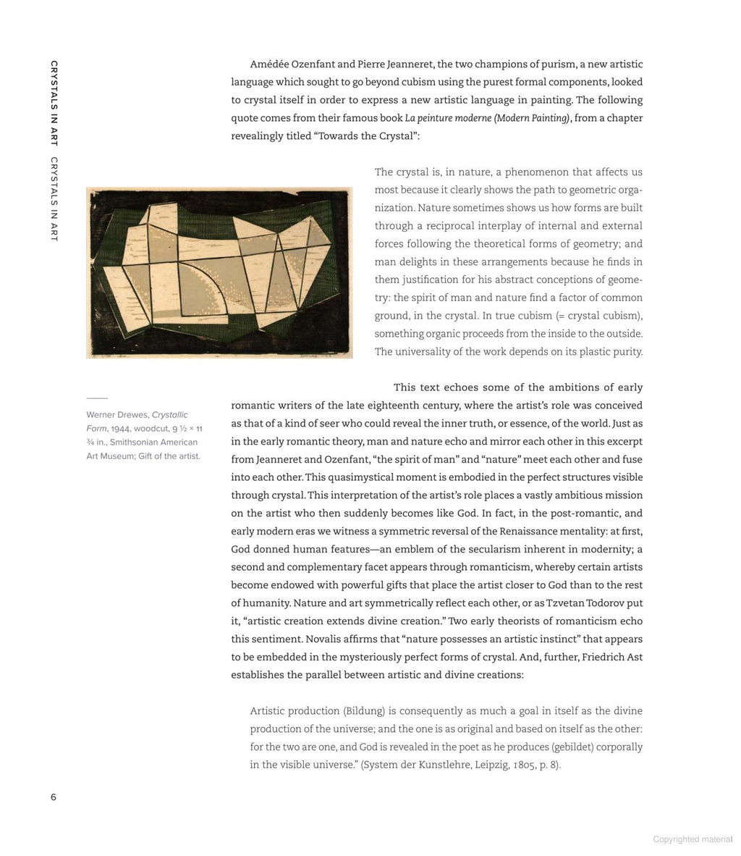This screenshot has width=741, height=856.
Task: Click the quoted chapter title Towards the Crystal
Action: (x=368, y=136)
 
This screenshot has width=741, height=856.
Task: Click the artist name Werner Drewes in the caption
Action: (x=117, y=415)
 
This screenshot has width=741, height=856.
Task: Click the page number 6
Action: (x=53, y=797)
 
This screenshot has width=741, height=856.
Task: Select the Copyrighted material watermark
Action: (x=693, y=839)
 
